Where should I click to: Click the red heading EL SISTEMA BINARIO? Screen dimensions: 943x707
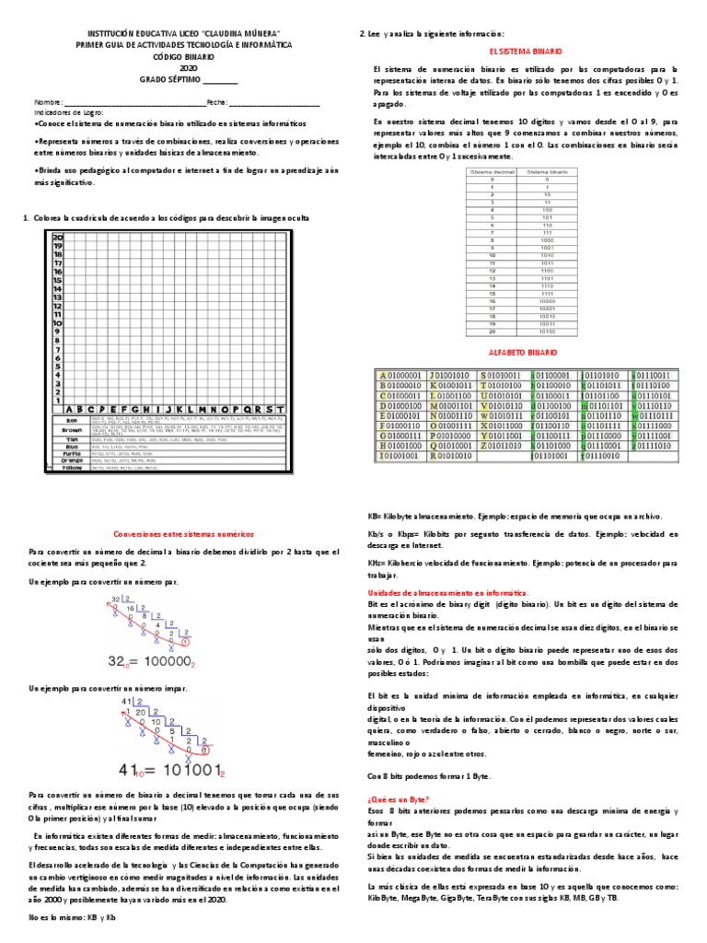528,52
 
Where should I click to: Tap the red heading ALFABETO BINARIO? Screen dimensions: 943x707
527,352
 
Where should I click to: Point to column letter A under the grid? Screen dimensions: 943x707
67,408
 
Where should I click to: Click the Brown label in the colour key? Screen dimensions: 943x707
73,429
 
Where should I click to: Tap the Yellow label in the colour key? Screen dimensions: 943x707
73,468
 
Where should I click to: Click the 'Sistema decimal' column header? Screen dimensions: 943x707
493,172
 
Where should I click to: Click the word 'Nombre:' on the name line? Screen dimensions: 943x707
48,102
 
